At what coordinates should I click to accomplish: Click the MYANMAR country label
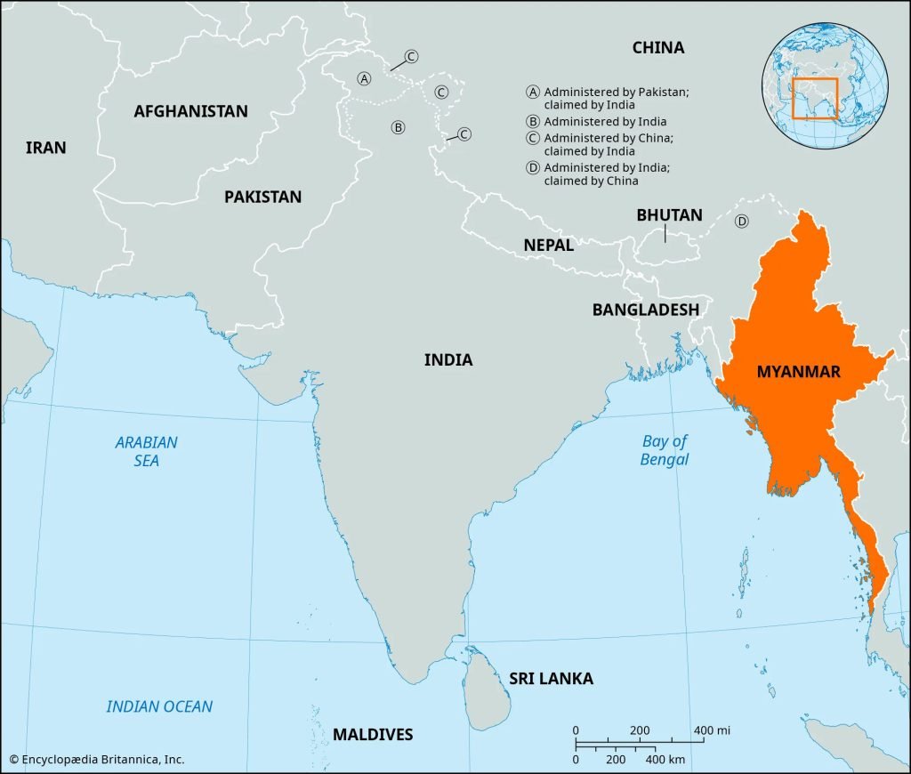798,372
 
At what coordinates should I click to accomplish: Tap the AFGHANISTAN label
190,111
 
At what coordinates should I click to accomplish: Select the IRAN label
45,148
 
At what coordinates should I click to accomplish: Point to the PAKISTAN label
262,197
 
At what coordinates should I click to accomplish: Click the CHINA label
658,47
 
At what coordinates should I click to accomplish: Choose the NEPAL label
548,245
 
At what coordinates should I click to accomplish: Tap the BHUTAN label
669,215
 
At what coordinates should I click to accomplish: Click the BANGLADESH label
646,310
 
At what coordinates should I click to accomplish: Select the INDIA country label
447,360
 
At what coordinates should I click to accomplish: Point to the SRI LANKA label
551,679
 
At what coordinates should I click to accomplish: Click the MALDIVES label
373,735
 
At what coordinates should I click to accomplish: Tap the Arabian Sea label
147,451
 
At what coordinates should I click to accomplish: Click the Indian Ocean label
159,706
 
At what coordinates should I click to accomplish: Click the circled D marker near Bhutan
741,222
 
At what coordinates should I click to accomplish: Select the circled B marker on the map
398,127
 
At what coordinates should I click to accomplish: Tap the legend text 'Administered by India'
605,122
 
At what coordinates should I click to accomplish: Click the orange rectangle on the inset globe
815,98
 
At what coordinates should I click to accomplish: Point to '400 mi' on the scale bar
712,730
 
